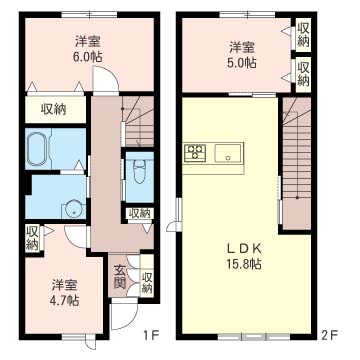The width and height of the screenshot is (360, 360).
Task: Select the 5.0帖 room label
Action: coord(241,62)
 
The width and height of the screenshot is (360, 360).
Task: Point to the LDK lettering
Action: coord(242,249)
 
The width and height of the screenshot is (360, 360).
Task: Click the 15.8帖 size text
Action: coord(242,265)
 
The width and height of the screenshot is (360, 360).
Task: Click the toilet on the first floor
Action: coord(138,169)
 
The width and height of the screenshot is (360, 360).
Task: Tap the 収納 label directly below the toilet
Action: coord(139,213)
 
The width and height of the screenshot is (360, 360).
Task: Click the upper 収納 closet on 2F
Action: coord(302,34)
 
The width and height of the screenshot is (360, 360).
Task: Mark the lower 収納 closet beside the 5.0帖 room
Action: coord(302,73)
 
